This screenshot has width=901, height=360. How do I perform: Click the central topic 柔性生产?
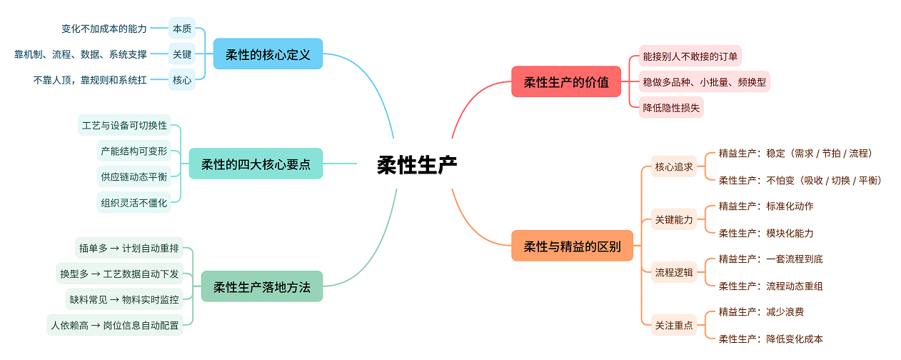pyautogui.click(x=417, y=165)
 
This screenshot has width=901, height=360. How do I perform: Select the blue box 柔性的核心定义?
pyautogui.click(x=268, y=54)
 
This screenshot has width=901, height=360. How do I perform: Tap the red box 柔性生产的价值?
pyautogui.click(x=566, y=81)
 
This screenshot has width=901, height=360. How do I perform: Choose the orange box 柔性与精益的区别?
pyautogui.click(x=572, y=246)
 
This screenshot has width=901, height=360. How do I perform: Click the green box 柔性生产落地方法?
pyautogui.click(x=261, y=286)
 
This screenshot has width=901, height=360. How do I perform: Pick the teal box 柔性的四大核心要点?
pyautogui.click(x=256, y=164)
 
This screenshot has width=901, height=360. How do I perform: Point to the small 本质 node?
pyautogui.click(x=181, y=29)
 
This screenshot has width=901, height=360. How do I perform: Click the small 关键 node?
pyautogui.click(x=181, y=54)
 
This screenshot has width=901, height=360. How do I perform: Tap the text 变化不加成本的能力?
pyautogui.click(x=104, y=29)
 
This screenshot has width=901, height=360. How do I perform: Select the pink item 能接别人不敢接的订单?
pyautogui.click(x=690, y=56)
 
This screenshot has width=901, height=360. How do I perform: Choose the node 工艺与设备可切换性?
pyautogui.click(x=124, y=125)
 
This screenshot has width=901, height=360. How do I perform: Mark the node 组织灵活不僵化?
pyautogui.click(x=134, y=202)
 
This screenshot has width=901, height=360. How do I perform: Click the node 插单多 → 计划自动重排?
pyautogui.click(x=129, y=248)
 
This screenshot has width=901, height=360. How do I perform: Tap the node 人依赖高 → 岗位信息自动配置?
pyautogui.click(x=114, y=325)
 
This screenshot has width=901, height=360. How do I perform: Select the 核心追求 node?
pyautogui.click(x=674, y=166)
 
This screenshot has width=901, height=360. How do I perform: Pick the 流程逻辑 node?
pyautogui.click(x=674, y=272)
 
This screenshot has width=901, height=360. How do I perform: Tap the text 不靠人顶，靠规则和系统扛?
pyautogui.click(x=90, y=80)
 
